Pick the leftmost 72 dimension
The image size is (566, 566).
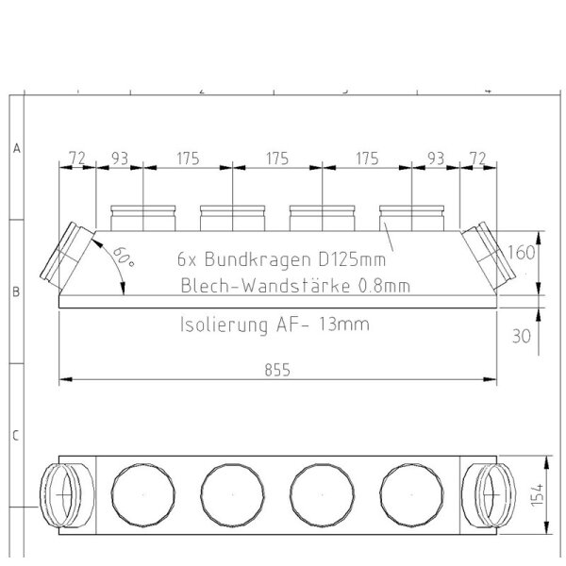[76, 158]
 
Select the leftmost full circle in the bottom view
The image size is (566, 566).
[140, 494]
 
